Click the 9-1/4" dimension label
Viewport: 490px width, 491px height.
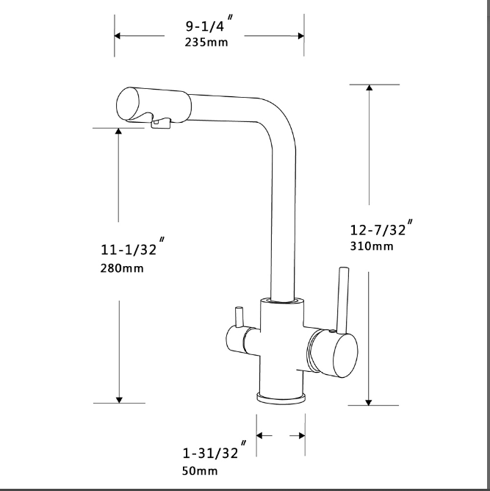pos(209,26)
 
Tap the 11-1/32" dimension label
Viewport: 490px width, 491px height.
pos(131,248)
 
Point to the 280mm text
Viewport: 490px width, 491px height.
pos(122,268)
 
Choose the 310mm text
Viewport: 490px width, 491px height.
pos(372,246)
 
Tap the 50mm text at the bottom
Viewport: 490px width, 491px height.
pos(200,470)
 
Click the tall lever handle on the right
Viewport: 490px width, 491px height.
pos(341,299)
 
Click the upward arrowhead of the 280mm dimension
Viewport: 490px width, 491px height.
pos(119,132)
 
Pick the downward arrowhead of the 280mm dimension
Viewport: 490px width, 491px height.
pos(119,399)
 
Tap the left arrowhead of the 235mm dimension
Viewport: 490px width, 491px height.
pos(118,35)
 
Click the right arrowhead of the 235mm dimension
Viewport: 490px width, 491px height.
pos(300,35)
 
